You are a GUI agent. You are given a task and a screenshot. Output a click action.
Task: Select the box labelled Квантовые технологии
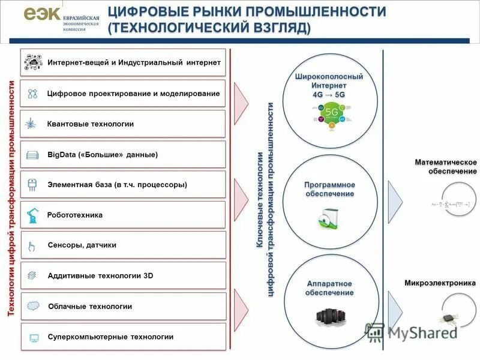click(123, 124)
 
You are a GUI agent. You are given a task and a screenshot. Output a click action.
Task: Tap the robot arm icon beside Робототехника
click(32, 215)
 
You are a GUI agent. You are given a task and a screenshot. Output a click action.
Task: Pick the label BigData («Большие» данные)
click(103, 155)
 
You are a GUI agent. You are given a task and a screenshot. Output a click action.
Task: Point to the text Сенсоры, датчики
click(82, 245)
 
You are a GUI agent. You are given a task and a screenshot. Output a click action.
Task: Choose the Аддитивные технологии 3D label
click(100, 276)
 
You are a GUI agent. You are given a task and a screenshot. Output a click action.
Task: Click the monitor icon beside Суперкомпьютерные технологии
click(33, 337)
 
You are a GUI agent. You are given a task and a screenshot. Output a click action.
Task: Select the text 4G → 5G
click(329, 95)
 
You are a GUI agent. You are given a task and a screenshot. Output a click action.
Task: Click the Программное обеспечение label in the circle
click(329, 189)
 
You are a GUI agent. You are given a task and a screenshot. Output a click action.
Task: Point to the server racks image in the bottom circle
click(329, 317)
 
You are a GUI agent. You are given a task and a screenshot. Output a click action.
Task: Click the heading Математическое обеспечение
click(445, 167)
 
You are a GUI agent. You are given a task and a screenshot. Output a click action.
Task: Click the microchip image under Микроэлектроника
click(448, 318)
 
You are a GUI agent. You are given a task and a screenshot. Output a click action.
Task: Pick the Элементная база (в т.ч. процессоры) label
click(118, 185)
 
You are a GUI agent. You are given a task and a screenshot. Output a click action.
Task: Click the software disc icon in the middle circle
click(328, 220)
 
